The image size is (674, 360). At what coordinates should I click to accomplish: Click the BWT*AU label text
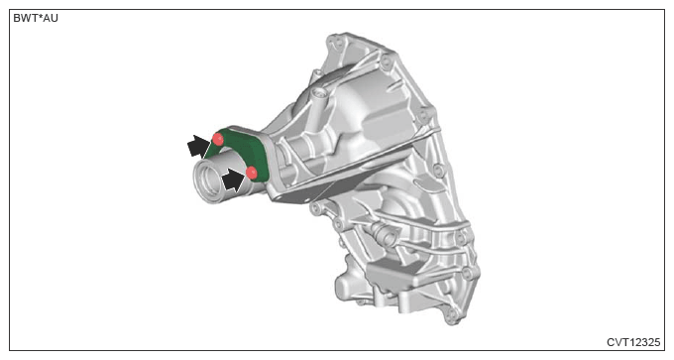point(36,19)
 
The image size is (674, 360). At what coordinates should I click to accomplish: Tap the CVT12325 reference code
point(633,342)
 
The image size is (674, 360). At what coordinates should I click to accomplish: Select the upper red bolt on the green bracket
point(218,140)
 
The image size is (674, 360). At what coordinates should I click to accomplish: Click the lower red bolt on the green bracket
point(252,173)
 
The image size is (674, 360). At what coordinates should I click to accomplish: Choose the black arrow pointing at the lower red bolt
point(233,180)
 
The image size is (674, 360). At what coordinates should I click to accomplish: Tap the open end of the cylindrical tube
point(203,180)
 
